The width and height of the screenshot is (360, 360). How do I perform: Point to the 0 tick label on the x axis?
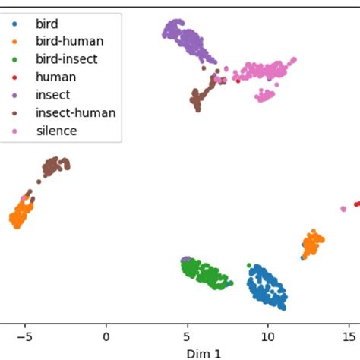pos(106,336)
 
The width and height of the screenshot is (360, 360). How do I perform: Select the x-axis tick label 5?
pos(187,336)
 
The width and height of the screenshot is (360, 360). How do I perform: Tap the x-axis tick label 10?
pos(267,336)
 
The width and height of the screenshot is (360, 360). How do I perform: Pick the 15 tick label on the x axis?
pos(348,336)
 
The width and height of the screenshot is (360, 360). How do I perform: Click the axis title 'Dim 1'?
pos(204,352)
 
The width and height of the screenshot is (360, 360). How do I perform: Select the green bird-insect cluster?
pos(204,273)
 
